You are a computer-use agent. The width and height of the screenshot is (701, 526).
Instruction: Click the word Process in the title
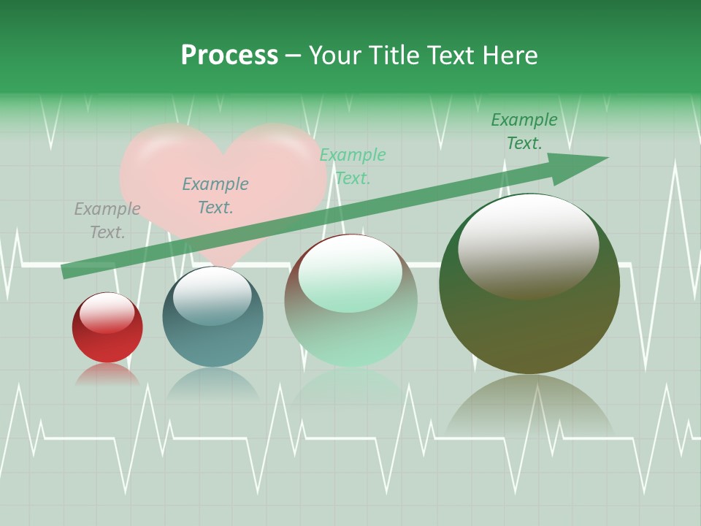229,56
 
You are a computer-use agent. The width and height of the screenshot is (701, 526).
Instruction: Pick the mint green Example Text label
353,166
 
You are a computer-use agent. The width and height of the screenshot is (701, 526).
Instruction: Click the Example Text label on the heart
215,196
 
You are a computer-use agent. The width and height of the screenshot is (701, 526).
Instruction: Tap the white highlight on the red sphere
107,312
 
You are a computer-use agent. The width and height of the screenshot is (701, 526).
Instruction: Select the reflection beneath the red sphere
107,374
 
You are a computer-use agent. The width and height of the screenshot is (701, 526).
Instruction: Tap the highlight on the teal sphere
212,294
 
